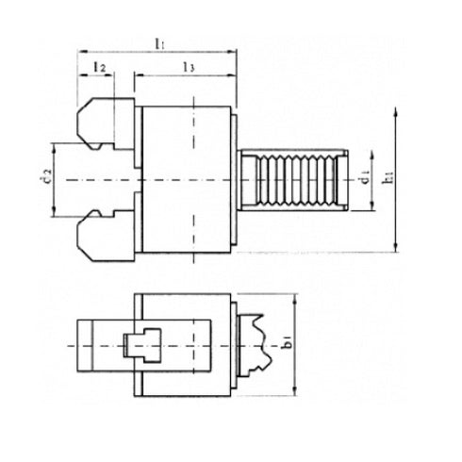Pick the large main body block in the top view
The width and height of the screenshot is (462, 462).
[x=188, y=179]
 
